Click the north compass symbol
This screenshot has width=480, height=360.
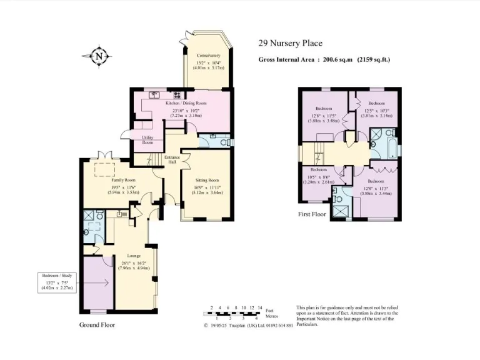pos(98,56)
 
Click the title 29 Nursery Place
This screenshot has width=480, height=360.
pos(291,43)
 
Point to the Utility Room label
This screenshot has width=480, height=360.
pos(147,139)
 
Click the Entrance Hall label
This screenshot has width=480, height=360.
pos(172,159)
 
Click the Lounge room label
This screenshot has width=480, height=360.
pos(134,256)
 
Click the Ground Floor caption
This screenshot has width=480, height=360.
pos(97,325)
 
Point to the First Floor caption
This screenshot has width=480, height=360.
pos(312,214)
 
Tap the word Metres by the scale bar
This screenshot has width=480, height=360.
pos(271,317)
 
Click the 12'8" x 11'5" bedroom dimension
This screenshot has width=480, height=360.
pos(323,116)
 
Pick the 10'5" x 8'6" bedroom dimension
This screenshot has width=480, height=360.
pos(319,177)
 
